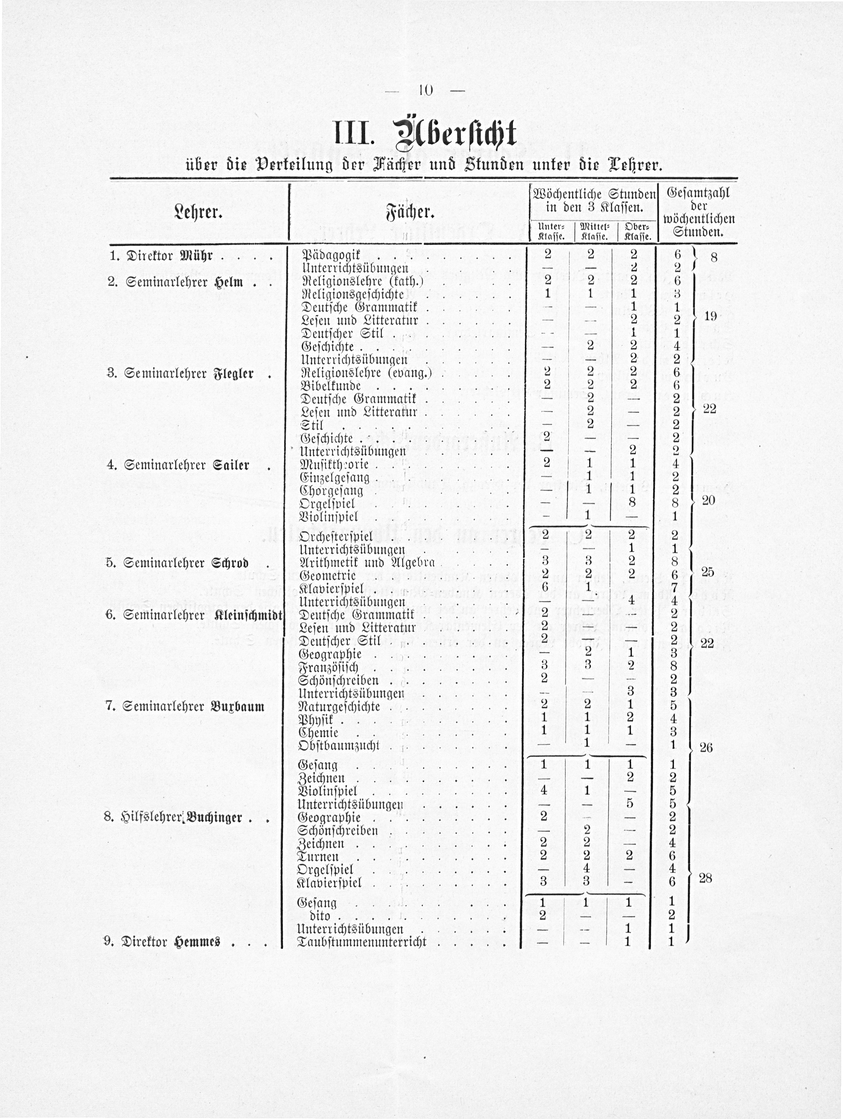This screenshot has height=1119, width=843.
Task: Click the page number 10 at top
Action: [x=425, y=91]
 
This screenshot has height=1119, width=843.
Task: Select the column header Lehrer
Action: [x=199, y=212]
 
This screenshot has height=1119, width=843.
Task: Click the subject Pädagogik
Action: [x=331, y=255]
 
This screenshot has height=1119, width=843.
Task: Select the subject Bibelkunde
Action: [x=331, y=386]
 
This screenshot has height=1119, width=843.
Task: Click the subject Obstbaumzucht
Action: [x=339, y=746]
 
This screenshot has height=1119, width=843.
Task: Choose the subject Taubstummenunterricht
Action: [x=362, y=942]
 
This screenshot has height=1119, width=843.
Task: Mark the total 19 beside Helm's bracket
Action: [x=710, y=316]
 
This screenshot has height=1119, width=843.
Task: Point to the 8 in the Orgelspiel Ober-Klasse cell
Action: [x=632, y=502]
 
